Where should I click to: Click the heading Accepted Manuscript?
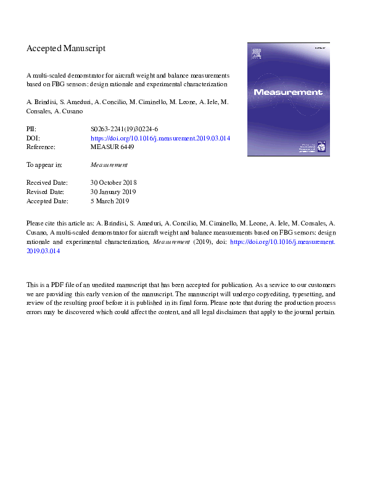click(x=66, y=48)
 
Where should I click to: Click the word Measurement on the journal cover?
click(x=288, y=92)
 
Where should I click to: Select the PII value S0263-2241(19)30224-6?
click(x=124, y=129)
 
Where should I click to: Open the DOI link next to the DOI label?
click(x=160, y=139)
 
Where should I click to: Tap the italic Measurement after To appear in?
click(x=109, y=165)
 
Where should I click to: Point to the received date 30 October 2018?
click(x=113, y=183)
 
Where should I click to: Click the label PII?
click(x=31, y=129)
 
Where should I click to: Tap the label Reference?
click(x=41, y=147)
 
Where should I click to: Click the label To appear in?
click(x=44, y=165)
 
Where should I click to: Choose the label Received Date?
click(x=47, y=183)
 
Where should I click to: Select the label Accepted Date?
click(x=47, y=201)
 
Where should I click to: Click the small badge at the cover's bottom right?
click(x=320, y=146)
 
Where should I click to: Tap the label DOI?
click(x=33, y=139)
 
